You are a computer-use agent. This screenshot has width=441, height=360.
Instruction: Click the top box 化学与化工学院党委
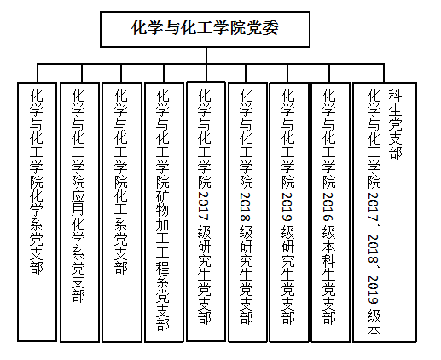click(x=205, y=29)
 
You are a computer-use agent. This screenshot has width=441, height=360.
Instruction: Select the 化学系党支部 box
click(x=37, y=212)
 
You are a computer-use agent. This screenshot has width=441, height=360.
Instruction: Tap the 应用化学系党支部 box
click(x=79, y=212)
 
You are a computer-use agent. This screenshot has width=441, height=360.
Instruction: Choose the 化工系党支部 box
click(x=122, y=212)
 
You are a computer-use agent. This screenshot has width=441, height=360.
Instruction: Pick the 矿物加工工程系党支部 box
click(x=164, y=212)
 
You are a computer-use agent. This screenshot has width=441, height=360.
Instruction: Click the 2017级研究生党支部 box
click(x=206, y=212)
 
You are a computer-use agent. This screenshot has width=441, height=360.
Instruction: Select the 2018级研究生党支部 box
click(x=247, y=212)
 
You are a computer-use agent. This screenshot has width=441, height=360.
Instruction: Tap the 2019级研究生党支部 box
click(x=289, y=212)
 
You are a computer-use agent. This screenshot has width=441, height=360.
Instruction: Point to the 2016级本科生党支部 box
click(x=330, y=212)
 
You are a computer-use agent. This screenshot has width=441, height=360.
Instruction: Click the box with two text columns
click(x=385, y=212)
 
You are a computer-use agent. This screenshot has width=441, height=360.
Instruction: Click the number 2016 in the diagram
click(x=328, y=207)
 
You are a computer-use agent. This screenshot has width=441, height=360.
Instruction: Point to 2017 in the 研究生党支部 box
click(x=204, y=206)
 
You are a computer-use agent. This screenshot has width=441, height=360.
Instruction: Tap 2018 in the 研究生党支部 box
click(x=246, y=207)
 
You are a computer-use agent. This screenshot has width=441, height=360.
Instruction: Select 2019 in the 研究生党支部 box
click(x=287, y=207)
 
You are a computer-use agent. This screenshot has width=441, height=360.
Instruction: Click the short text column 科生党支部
click(x=395, y=125)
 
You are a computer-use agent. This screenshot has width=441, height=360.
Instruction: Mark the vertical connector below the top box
click(x=206, y=55)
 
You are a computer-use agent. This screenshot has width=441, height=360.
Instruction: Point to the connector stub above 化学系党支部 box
click(x=38, y=73)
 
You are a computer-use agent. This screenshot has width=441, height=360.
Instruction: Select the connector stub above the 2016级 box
click(x=329, y=73)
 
